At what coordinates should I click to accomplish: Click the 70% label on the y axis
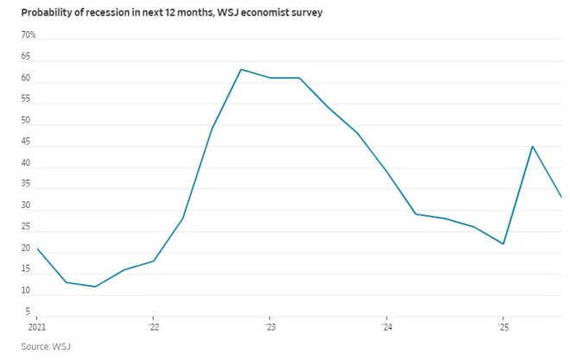[x=28, y=35]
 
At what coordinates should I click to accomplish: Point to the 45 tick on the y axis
[x=26, y=142]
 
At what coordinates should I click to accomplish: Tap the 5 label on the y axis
[x=28, y=312]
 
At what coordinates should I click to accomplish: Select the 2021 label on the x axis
[x=37, y=327]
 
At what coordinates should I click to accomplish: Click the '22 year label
[x=154, y=327]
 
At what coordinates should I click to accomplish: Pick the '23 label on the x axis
[x=270, y=327]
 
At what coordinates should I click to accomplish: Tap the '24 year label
[x=387, y=327]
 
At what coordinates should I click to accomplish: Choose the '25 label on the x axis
[x=503, y=327]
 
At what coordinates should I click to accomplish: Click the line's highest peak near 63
[x=241, y=69]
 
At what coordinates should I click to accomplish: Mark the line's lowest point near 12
[x=95, y=287]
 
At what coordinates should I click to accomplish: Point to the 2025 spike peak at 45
[x=532, y=147]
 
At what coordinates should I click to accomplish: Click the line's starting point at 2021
[x=37, y=249]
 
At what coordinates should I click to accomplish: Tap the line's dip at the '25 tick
[x=503, y=243]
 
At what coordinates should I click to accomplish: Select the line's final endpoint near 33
[x=561, y=197]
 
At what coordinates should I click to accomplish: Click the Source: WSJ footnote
[x=46, y=346]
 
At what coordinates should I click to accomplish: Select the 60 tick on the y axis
[x=26, y=78]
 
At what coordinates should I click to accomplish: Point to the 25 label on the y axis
[x=26, y=227]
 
